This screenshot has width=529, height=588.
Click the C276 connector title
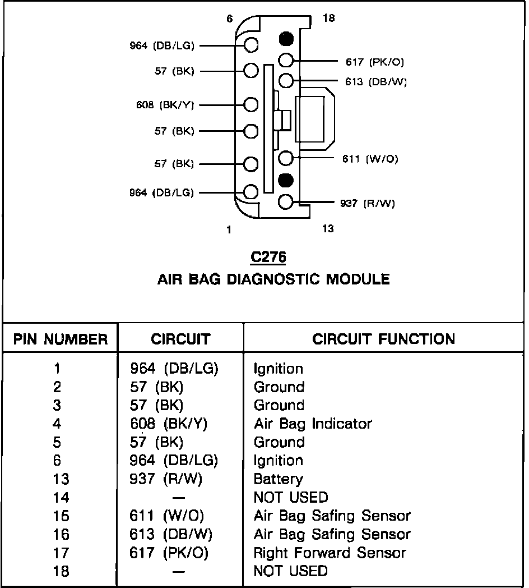pyautogui.click(x=268, y=257)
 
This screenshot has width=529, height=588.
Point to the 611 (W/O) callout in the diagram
pyautogui.click(x=370, y=159)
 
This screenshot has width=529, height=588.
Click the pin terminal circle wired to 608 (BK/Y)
pyautogui.click(x=251, y=104)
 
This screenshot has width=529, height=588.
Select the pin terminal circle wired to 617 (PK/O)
pyautogui.click(x=286, y=61)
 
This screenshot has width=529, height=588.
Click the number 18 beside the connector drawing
pyautogui.click(x=328, y=19)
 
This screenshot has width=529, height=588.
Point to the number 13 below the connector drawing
pyautogui.click(x=328, y=228)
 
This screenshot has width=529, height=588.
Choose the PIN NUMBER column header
pyautogui.click(x=61, y=339)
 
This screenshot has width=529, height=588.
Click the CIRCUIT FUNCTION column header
pyautogui.click(x=384, y=339)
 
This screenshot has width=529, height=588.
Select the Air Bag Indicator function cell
pyautogui.click(x=313, y=424)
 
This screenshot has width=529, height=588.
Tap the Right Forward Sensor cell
pyautogui.click(x=330, y=553)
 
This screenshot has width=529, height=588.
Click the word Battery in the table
pyautogui.click(x=278, y=479)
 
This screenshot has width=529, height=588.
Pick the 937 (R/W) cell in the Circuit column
pyautogui.click(x=166, y=479)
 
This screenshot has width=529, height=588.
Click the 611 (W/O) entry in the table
pyautogui.click(x=167, y=516)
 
